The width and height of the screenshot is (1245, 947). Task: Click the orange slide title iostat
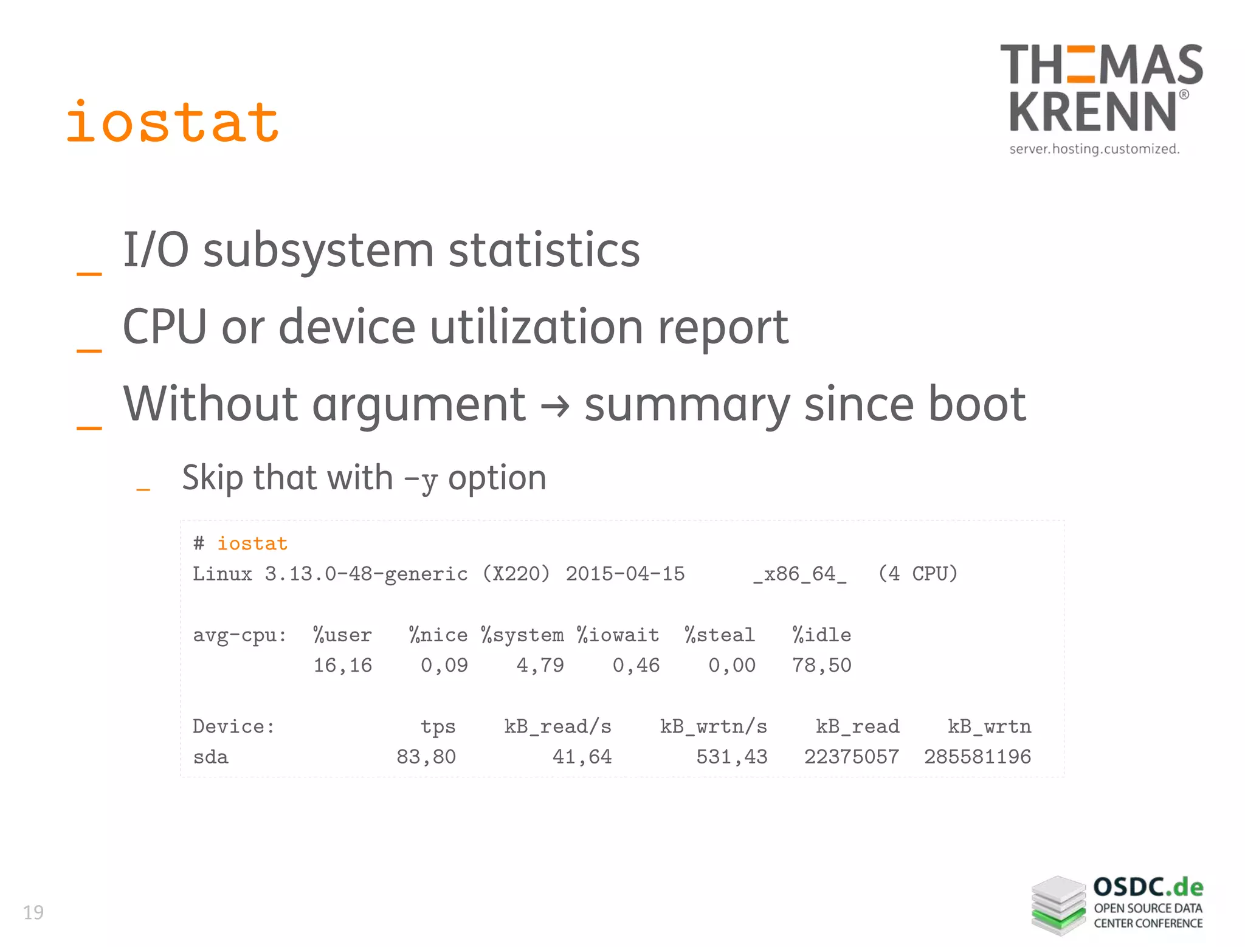coord(173,123)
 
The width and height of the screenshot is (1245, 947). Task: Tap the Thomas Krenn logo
coord(1101,97)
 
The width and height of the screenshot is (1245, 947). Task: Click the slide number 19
coord(33,912)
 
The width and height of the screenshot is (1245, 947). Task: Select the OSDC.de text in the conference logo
coord(1148,887)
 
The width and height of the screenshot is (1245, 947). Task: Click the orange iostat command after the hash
coord(252,543)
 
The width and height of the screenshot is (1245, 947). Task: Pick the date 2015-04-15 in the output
coord(625,574)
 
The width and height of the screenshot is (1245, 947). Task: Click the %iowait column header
coord(618,635)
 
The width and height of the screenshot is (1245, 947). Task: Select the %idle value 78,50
coord(821,666)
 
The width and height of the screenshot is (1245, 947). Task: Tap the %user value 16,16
coord(342,666)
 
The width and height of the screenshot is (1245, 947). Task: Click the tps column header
coord(438,727)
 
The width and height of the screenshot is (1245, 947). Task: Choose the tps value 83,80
coord(426,757)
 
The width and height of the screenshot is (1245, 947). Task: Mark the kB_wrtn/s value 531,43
coord(731,757)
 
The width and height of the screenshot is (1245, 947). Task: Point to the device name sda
coord(210,757)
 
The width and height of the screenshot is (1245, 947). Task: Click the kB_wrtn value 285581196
coord(978,757)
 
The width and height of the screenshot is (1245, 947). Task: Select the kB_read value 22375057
coord(851,757)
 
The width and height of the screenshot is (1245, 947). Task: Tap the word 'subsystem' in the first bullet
coord(318,250)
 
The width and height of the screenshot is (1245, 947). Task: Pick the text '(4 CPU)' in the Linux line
coord(918,574)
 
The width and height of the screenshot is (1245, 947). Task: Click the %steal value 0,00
coord(731,666)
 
